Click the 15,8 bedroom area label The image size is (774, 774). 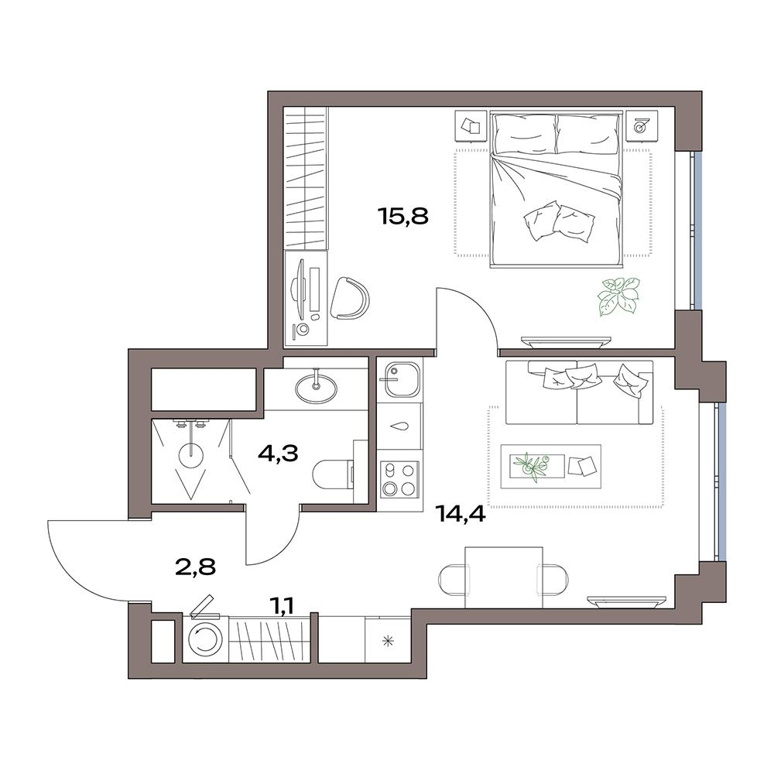pos(403,216)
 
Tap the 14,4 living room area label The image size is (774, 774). pos(461,515)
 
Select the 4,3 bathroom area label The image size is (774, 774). pos(278,453)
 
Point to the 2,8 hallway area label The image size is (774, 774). pos(196,567)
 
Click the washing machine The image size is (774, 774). pos(205,638)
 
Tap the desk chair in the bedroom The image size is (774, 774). pos(350,299)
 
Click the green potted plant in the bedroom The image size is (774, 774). pos(618,296)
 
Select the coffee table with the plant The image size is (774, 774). pos(551,466)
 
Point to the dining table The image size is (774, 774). pos(504,577)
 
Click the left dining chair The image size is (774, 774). pos(452,578)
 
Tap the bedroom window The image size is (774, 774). pos(697,231)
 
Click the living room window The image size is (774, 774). pos(722,481)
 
